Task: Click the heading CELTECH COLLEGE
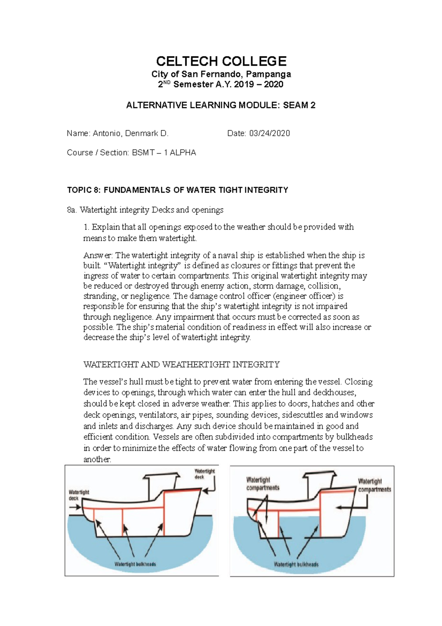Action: tap(221, 61)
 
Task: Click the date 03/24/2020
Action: tap(269, 133)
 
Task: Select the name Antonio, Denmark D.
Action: tap(130, 133)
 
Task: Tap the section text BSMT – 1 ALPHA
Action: tap(164, 153)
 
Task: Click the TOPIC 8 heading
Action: tap(177, 190)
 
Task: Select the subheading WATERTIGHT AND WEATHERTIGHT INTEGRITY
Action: tap(181, 365)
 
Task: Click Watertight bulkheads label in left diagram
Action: tap(135, 564)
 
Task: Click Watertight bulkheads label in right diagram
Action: tap(296, 564)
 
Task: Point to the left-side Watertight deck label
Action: tap(79, 495)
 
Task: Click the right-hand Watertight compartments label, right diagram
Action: tap(374, 485)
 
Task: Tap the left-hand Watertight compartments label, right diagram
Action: tap(262, 484)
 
